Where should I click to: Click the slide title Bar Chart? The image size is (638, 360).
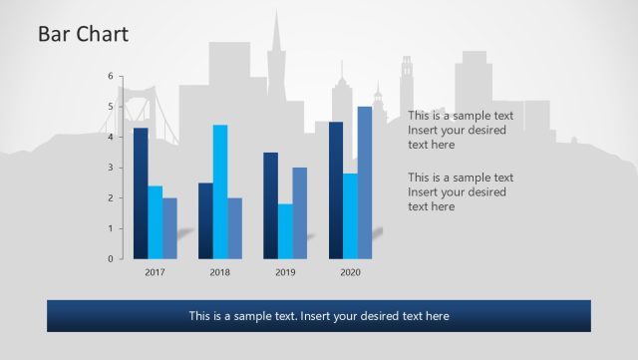83,35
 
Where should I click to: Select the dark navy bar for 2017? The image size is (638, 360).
141,193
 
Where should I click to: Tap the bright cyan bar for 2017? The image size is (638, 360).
156,222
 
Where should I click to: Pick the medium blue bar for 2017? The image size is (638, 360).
169,228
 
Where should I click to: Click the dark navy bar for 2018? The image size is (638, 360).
205,220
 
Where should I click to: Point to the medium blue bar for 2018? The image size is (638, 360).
234,228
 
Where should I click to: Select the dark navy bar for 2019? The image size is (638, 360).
270,205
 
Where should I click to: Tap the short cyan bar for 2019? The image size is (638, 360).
285,231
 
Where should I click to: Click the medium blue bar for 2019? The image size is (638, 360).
299,213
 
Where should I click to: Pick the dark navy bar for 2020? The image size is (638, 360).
336,190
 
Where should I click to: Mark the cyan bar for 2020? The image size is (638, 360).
350,216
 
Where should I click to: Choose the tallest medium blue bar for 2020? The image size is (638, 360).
365,182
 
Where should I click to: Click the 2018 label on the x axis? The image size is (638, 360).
219,272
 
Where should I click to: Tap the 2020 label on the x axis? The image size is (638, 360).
350,272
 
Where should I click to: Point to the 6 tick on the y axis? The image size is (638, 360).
111,76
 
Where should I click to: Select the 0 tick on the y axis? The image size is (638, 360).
111,259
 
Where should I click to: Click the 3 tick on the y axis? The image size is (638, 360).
111,168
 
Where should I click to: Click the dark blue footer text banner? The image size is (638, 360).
318,316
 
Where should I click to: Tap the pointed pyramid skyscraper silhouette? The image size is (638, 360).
279,60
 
